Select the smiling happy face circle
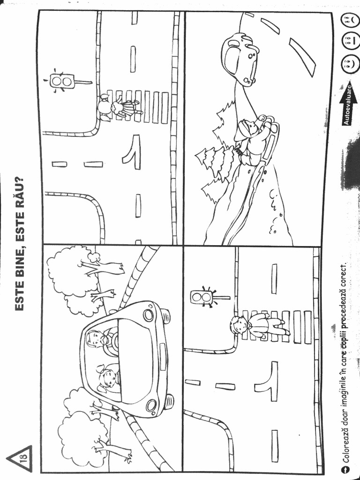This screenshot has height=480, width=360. [347, 63]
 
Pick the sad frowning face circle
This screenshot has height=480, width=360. [347, 20]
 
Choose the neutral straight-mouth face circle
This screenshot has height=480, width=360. [347, 41]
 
